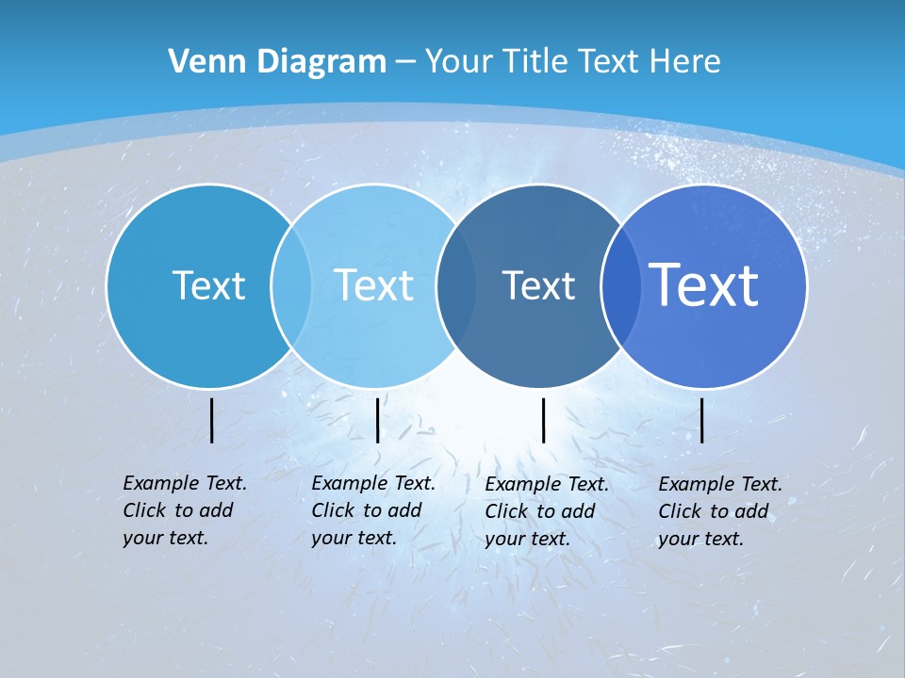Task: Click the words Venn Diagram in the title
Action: click(277, 62)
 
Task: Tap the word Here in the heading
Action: click(684, 62)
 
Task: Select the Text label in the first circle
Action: click(209, 285)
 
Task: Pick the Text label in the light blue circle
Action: click(374, 285)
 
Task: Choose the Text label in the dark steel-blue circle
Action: click(538, 285)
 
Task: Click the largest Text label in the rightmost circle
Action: click(704, 284)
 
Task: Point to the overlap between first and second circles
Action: click(291, 285)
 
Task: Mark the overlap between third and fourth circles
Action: click(619, 285)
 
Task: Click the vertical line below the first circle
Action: click(212, 420)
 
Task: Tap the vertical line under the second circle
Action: click(377, 420)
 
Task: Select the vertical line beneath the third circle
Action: click(543, 420)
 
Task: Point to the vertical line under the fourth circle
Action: click(702, 420)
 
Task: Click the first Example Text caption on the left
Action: click(184, 510)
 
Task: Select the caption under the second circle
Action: click(372, 510)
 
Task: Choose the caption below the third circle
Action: click(546, 511)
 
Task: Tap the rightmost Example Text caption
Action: click(719, 511)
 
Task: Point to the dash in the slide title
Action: click(405, 63)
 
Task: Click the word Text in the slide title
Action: click(609, 62)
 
